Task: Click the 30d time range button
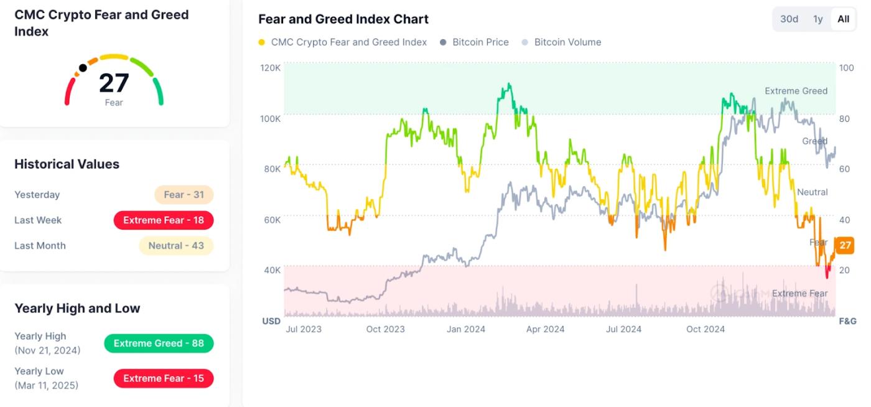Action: point(789,19)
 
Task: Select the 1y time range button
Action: point(817,19)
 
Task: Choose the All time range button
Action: point(843,19)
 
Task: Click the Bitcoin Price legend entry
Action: point(480,42)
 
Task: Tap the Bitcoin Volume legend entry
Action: point(567,42)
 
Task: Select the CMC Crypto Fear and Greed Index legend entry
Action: point(348,42)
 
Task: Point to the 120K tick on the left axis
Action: point(271,67)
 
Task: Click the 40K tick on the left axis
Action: point(272,270)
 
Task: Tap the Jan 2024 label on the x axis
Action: point(466,329)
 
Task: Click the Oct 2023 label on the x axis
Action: point(385,329)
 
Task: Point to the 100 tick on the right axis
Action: point(846,67)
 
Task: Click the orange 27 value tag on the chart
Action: point(844,245)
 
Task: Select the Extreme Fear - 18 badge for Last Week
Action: point(164,220)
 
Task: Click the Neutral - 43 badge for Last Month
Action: point(176,246)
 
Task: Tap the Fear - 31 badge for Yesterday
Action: point(184,195)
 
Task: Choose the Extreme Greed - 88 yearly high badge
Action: point(159,344)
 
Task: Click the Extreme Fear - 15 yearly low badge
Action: point(164,378)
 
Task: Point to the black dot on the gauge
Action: point(83,68)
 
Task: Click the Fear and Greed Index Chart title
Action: point(343,19)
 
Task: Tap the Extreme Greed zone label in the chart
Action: point(796,91)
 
